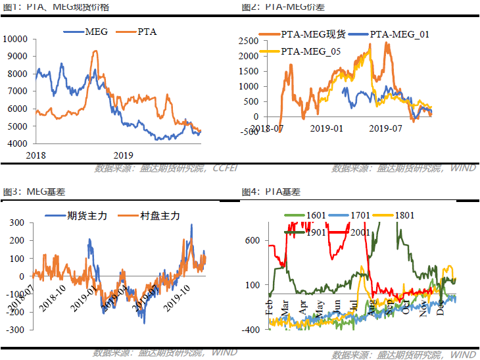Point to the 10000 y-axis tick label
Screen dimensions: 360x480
pos(14,39)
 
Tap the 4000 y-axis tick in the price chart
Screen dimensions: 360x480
pos(16,143)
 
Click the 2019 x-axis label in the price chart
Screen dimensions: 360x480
pos(123,155)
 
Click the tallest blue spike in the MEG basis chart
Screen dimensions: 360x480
pos(191,225)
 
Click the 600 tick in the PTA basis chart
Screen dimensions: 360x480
pos(252,240)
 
